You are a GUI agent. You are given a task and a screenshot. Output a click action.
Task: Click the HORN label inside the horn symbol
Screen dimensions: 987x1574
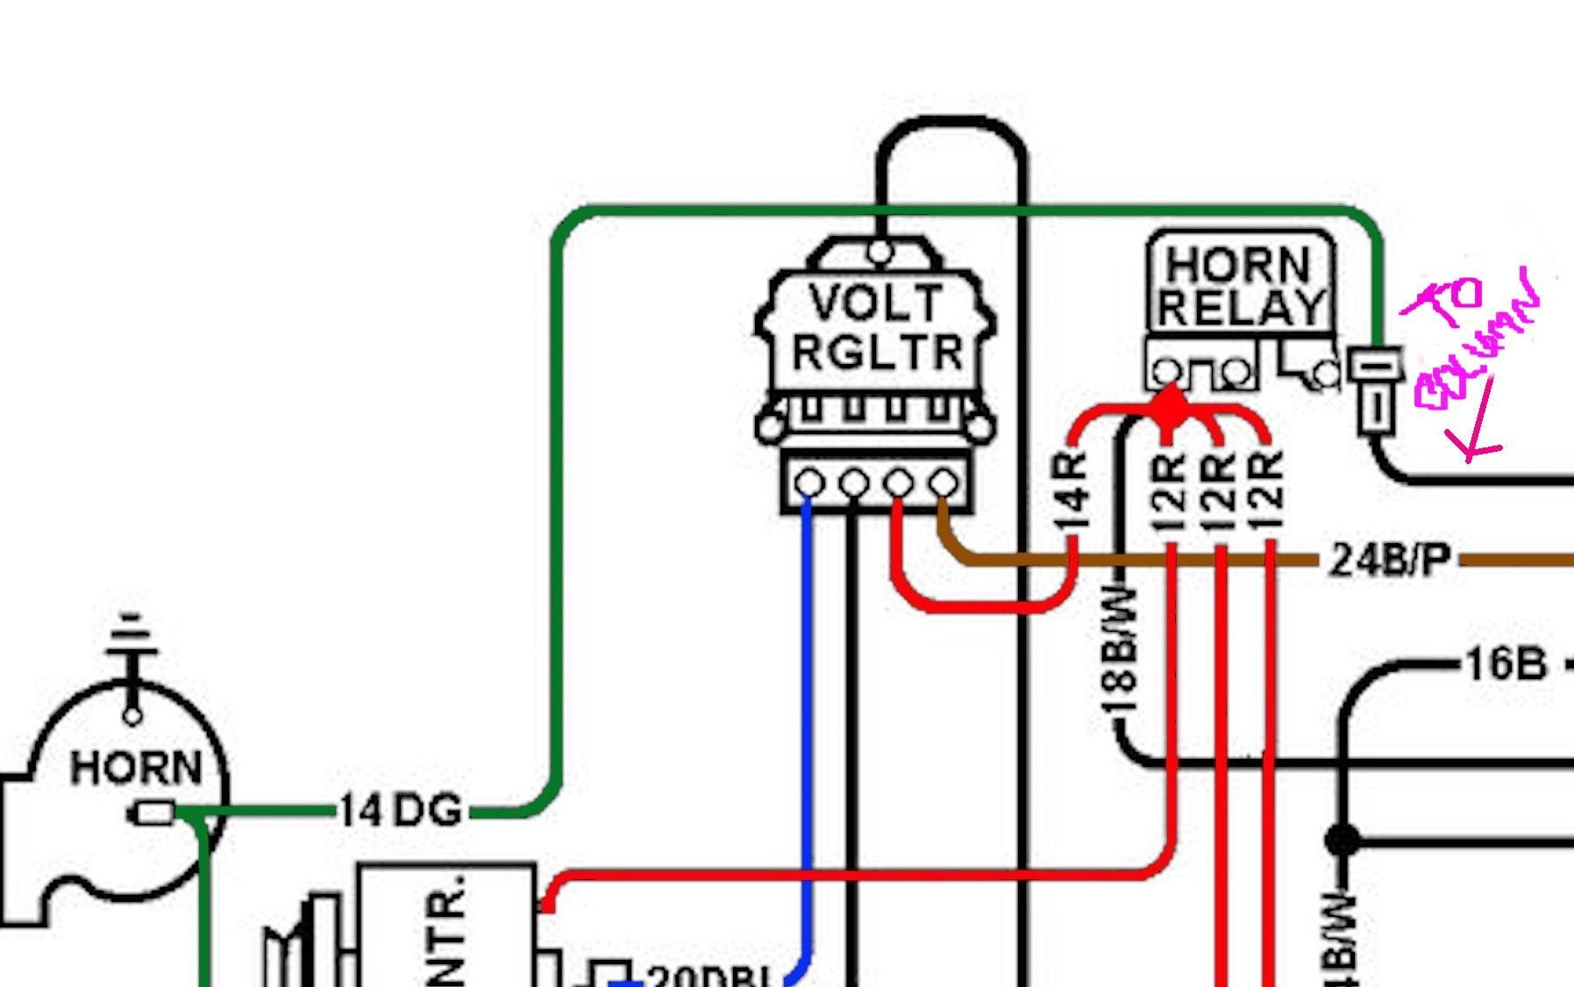point(136,768)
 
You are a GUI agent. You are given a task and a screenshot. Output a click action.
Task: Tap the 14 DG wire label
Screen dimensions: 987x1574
point(400,811)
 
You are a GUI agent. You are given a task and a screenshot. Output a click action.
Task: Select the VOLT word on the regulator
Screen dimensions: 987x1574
point(875,304)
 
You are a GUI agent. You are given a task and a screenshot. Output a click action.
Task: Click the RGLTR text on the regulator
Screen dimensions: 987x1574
point(877,353)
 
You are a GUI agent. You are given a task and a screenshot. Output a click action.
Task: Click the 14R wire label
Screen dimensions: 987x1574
point(1072,493)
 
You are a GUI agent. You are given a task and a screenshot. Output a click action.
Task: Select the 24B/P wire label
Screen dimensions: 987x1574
point(1390,559)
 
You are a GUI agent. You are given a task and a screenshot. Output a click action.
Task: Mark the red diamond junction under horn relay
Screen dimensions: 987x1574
point(1169,407)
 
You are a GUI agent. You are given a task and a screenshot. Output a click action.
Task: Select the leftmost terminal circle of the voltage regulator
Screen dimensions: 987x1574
point(808,483)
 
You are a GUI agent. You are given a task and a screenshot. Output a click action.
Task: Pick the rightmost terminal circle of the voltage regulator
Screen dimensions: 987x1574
point(944,483)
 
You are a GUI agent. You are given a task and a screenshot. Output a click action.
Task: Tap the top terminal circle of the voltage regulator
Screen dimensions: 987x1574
point(880,253)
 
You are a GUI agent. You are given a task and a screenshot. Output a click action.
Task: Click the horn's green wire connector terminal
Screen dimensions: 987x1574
point(154,814)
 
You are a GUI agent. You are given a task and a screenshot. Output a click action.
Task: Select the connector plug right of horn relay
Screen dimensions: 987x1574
point(1375,389)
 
